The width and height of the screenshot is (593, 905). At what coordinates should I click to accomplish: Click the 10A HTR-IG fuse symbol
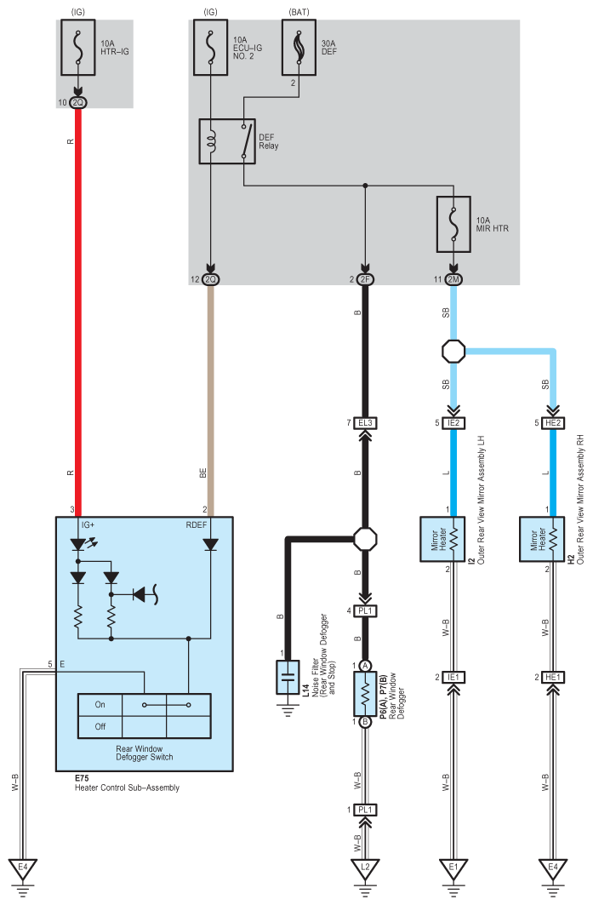tap(78, 48)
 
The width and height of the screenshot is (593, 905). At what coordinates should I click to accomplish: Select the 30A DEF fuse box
tap(299, 48)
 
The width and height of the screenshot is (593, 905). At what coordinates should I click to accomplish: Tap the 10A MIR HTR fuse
tap(453, 225)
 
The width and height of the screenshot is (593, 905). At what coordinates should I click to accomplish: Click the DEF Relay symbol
tap(227, 141)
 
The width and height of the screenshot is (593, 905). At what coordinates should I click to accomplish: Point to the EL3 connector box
tap(365, 423)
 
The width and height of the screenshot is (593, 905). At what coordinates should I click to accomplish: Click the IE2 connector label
tap(453, 423)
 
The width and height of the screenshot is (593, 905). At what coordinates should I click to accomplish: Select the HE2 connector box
tap(553, 423)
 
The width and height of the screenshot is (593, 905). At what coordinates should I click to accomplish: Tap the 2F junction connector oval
tap(365, 279)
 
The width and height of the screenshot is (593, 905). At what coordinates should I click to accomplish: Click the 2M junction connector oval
tap(453, 279)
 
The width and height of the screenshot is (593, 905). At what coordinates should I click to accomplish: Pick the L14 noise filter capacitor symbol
tap(288, 677)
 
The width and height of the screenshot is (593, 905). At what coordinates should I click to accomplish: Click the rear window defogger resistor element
tap(365, 694)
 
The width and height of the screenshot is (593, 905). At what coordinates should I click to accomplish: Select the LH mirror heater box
tap(442, 539)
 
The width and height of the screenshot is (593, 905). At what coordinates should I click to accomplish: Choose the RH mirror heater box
tap(542, 539)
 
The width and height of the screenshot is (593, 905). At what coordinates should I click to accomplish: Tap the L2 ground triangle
tap(365, 868)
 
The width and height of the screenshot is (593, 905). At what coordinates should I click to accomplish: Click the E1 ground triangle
tap(453, 868)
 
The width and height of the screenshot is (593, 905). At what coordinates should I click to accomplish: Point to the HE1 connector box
tap(553, 677)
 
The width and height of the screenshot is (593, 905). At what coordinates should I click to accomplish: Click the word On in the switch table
tap(100, 705)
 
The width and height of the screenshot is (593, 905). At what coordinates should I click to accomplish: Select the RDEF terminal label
tap(197, 524)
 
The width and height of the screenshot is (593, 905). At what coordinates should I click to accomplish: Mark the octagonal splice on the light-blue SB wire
tap(453, 351)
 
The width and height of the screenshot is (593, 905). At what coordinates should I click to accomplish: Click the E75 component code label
tap(82, 778)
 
